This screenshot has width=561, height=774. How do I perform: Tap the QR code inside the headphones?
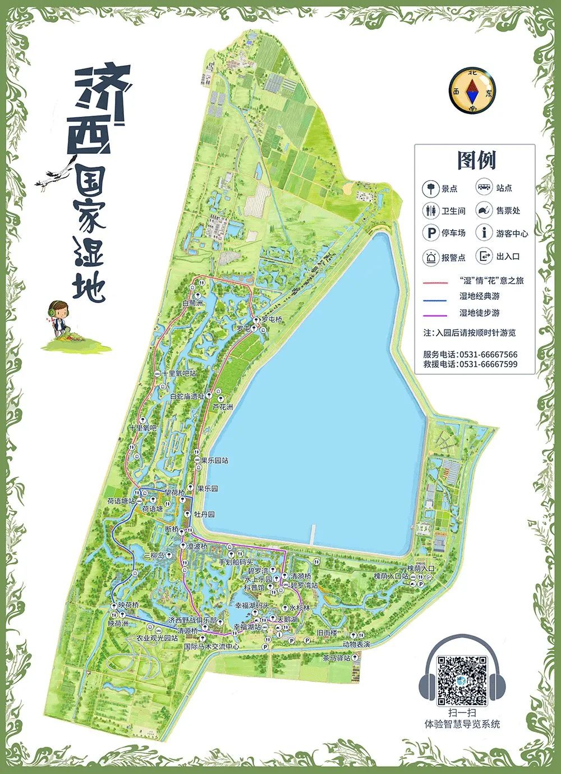point(462,680)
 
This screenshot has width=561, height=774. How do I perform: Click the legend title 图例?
point(476,161)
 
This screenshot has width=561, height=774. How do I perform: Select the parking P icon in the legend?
point(431,232)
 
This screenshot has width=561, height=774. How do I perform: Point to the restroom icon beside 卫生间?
point(431,210)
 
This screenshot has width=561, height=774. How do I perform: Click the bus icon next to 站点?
point(484,188)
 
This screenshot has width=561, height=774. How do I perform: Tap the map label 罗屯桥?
point(272,319)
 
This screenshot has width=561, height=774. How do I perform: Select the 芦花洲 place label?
point(223,407)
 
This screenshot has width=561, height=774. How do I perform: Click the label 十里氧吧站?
point(179,373)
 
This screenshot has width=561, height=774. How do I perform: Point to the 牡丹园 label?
point(204,514)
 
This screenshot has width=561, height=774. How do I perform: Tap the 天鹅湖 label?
point(287,619)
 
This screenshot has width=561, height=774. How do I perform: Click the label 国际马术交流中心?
point(211,647)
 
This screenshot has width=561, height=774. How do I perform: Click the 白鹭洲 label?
point(192,303)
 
